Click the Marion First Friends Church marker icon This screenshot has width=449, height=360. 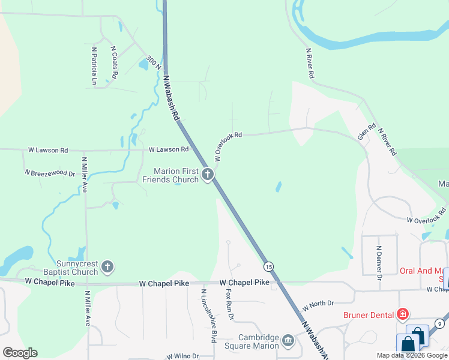[208, 175]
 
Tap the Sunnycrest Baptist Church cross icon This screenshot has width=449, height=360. [107, 266]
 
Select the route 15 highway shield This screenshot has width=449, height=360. [268, 266]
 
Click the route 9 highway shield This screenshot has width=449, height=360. [441, 324]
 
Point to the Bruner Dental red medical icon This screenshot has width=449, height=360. [403, 314]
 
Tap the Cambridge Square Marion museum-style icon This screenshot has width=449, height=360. [289, 341]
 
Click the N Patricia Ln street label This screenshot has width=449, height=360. [94, 65]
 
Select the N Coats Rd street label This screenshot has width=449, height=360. [114, 62]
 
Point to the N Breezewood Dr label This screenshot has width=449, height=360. [50, 173]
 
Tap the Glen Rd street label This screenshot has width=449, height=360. [366, 131]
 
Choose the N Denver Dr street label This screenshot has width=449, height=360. [379, 263]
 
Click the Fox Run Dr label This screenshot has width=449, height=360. [229, 304]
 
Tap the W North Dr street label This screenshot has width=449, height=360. [318, 304]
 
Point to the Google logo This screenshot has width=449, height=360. [20, 353]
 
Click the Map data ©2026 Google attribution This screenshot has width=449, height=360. [412, 355]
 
